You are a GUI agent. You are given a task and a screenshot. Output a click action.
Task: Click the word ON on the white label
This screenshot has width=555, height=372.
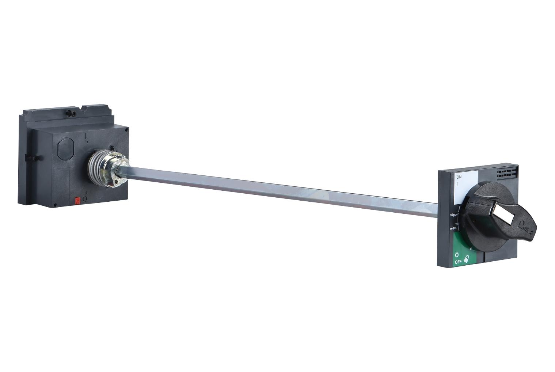[459, 177]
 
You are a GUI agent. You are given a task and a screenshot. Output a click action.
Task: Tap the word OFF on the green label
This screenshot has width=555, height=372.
[458, 262]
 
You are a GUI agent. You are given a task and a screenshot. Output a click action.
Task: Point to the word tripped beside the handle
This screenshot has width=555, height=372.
[454, 215]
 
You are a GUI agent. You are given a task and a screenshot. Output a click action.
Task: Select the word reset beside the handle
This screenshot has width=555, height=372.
[453, 228]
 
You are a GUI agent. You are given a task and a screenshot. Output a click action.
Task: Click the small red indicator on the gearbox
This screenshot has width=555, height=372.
[77, 200]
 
